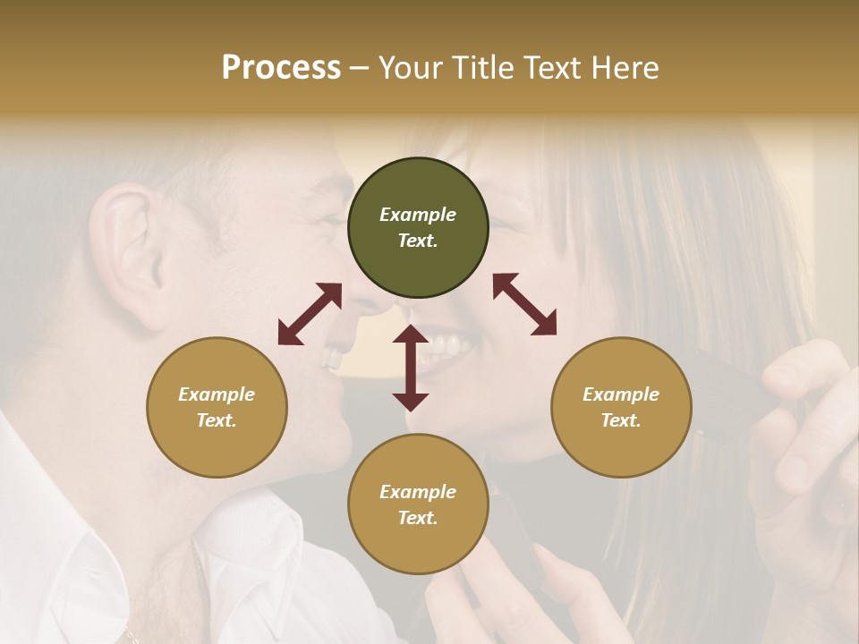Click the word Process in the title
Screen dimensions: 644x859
[x=281, y=68]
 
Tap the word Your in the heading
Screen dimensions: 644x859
[x=407, y=68]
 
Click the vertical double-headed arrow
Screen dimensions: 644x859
[x=411, y=368]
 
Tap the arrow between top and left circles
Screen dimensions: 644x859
[x=310, y=314]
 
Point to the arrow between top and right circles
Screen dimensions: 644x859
[x=524, y=304]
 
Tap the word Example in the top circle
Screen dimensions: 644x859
[x=418, y=215]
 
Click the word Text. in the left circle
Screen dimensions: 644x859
[x=217, y=420]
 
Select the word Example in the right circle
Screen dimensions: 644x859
[x=621, y=394]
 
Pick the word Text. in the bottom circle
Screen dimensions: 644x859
[x=418, y=518]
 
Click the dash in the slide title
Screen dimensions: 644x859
[x=360, y=68]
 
